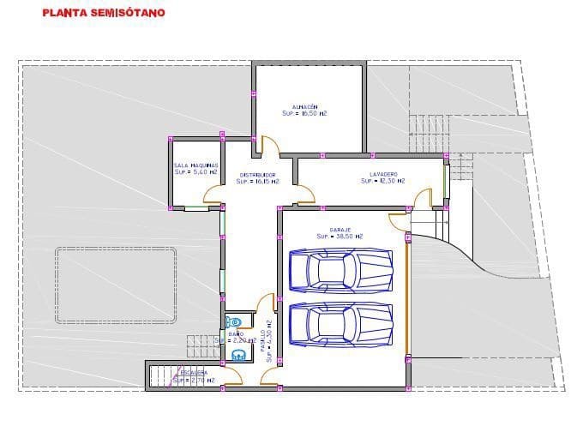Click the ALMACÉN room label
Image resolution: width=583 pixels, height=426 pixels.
(x=305, y=105)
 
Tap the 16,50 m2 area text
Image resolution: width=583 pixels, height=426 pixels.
(x=305, y=112)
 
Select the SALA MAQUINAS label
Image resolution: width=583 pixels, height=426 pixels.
(x=195, y=165)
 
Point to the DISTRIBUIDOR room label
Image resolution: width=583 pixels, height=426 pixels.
(x=256, y=174)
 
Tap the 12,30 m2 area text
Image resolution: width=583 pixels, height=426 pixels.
(x=382, y=181)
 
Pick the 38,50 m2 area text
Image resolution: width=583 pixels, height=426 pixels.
(x=340, y=237)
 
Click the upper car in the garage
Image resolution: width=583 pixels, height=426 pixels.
(x=340, y=270)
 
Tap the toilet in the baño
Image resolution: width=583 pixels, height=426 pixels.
(x=232, y=321)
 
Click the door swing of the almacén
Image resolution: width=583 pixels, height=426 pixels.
(x=267, y=146)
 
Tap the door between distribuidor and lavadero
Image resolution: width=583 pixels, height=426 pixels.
(x=301, y=194)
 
